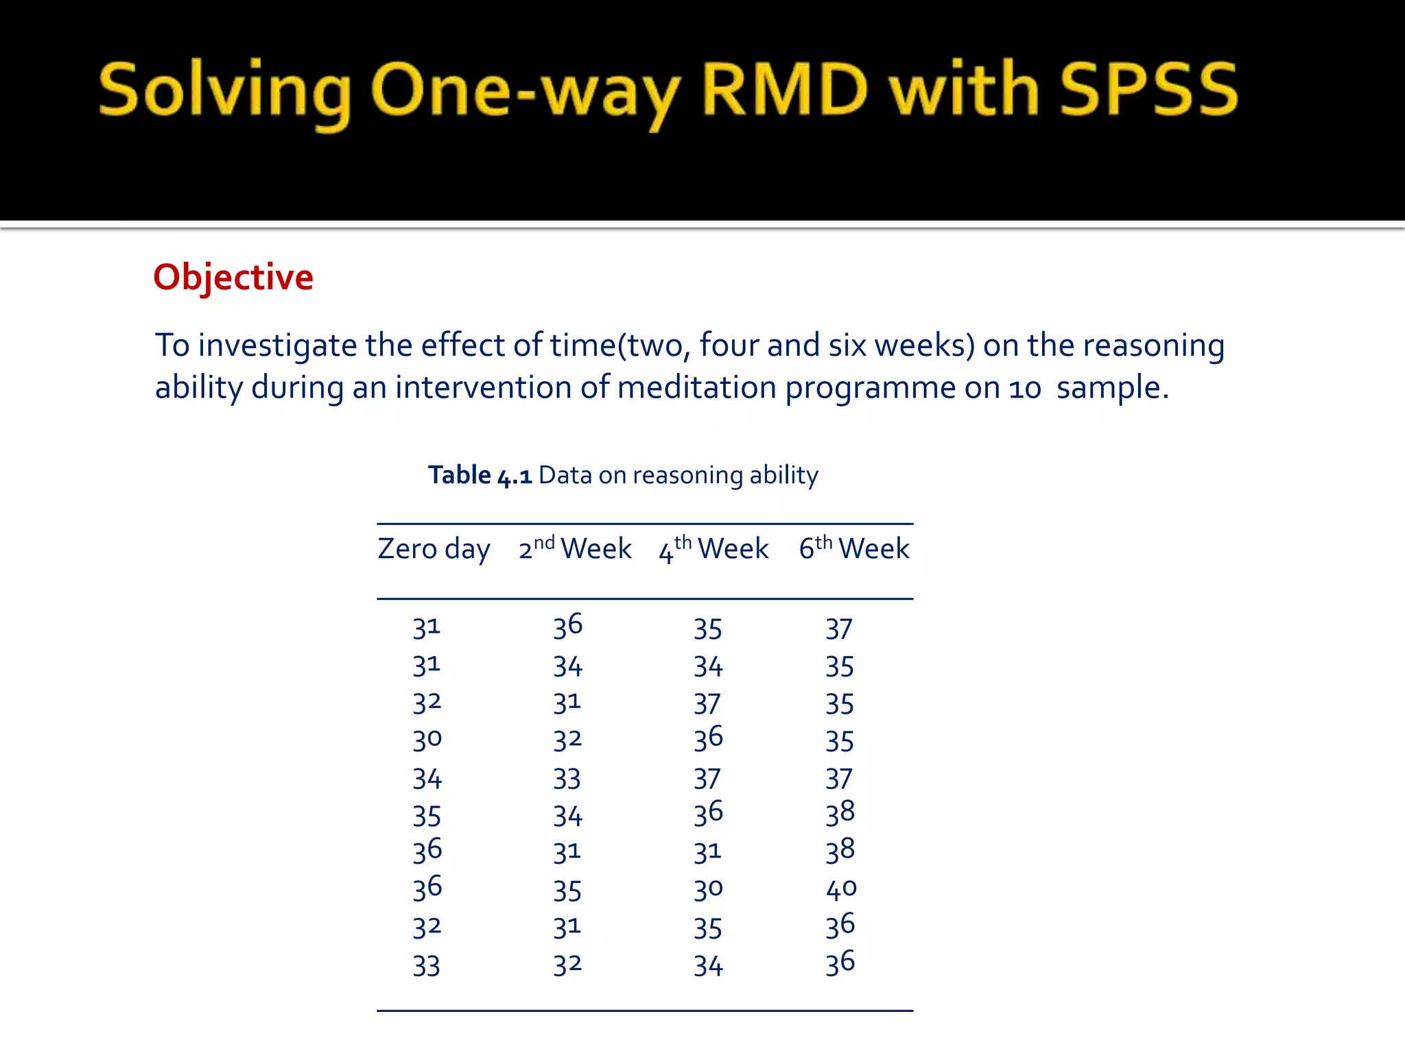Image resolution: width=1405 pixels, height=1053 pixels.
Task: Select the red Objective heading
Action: (233, 278)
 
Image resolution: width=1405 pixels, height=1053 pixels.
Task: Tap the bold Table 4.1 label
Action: (480, 475)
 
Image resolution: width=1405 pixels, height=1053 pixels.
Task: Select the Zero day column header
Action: (434, 549)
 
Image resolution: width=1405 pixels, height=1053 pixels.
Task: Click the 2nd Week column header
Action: (575, 548)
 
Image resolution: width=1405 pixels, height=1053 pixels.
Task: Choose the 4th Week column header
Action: (713, 548)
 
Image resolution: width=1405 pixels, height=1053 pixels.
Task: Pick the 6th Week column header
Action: (854, 548)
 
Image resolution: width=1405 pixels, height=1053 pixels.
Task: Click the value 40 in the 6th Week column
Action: (841, 889)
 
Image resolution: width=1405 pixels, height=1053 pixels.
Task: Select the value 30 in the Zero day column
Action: (427, 739)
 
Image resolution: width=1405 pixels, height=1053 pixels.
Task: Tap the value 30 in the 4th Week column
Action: (708, 889)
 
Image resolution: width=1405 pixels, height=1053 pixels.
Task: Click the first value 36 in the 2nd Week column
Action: (568, 627)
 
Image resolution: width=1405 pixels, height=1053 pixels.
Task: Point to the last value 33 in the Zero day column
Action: (426, 966)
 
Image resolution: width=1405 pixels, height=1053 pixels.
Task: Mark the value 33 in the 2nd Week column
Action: (567, 779)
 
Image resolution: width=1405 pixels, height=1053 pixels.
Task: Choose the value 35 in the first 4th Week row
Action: (708, 629)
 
